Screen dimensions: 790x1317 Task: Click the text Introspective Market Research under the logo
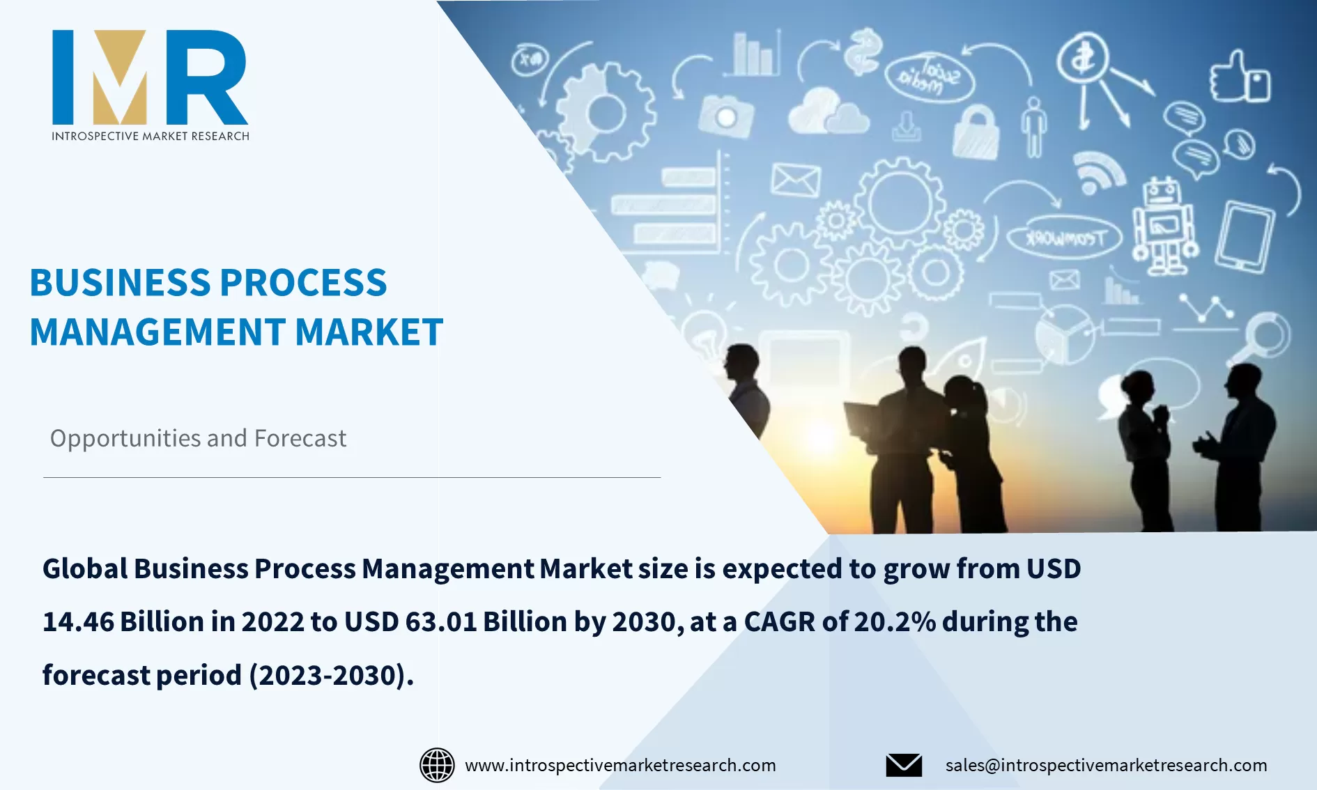tap(150, 136)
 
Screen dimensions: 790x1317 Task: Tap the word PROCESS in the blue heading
tap(303, 283)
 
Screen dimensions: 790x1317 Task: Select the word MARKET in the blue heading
tap(369, 332)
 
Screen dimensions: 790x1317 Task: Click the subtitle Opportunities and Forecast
tap(198, 438)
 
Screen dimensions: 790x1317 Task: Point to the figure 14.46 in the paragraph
tap(78, 621)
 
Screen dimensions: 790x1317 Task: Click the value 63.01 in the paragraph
tap(441, 621)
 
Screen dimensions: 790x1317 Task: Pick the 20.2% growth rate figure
tap(895, 621)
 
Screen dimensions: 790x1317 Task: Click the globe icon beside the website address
tap(437, 765)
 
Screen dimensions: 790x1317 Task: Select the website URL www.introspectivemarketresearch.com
tap(620, 765)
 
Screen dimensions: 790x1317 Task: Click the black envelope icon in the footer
tap(904, 765)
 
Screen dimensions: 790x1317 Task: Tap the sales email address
tap(1106, 765)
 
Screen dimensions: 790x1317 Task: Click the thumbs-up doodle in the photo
tap(1240, 78)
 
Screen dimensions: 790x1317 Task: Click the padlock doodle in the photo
tap(976, 132)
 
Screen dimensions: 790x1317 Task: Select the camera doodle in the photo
tap(726, 116)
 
